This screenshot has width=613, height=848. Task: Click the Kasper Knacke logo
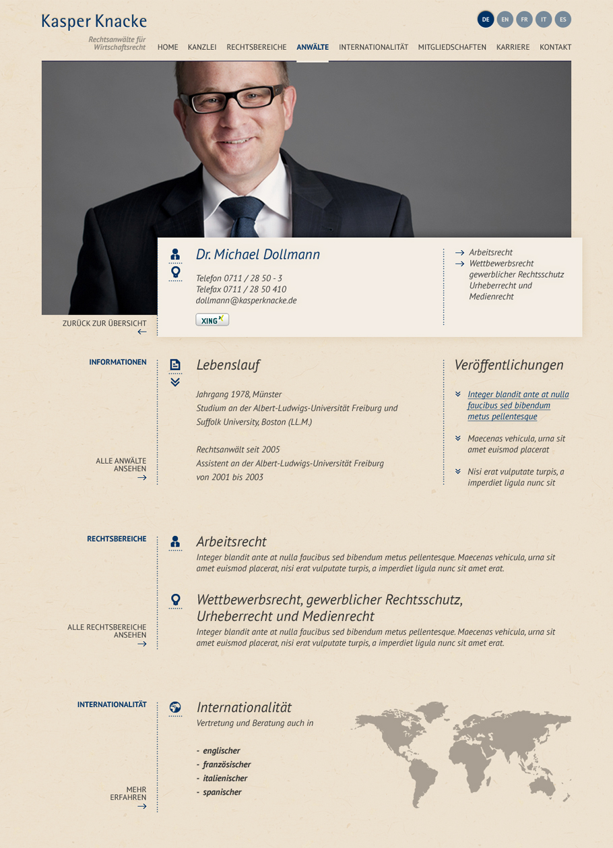(x=94, y=22)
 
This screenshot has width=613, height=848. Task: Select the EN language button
(x=505, y=20)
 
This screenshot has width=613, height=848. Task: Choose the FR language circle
(x=524, y=20)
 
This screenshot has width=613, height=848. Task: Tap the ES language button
(x=563, y=20)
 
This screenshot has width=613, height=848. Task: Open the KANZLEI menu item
(x=202, y=47)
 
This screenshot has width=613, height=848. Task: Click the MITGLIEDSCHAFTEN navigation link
(x=452, y=47)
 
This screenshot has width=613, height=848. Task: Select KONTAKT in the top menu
(x=555, y=47)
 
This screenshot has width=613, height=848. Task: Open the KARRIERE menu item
(x=513, y=47)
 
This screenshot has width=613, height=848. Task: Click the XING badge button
(x=212, y=320)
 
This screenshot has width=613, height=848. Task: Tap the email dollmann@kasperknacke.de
(x=246, y=301)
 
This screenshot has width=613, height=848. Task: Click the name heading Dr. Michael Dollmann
(x=258, y=255)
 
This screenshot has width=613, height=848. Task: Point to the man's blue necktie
(x=244, y=216)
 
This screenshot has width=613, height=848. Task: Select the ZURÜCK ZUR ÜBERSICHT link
(x=104, y=324)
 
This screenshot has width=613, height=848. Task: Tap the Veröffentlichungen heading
(x=509, y=365)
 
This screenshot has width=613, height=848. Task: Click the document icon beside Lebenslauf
(x=175, y=365)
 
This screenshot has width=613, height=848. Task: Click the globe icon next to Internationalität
(x=175, y=707)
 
